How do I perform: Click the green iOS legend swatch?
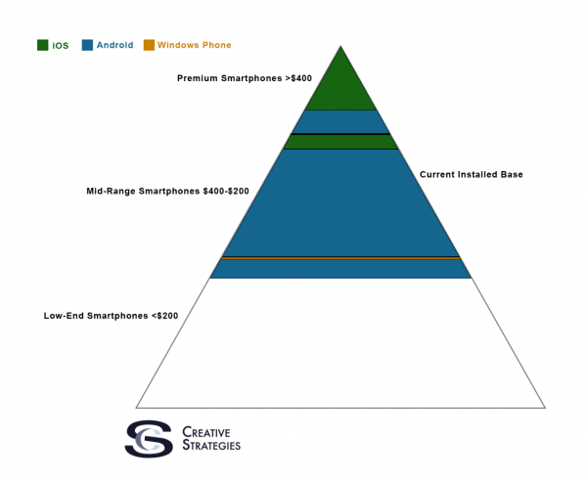[43, 45]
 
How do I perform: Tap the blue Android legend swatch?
[87, 45]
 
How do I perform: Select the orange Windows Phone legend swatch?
[149, 45]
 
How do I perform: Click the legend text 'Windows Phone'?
[194, 45]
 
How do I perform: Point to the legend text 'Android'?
[114, 45]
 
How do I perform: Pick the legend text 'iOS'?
[61, 45]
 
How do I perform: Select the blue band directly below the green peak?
[340, 121]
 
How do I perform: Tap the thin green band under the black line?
[340, 142]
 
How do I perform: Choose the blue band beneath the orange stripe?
[340, 269]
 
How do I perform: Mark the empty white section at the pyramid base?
[340, 342]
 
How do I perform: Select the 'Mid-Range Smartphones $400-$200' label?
[167, 191]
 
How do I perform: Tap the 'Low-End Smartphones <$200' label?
[111, 316]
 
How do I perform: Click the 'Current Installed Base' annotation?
[472, 174]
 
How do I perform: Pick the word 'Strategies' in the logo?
[211, 446]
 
